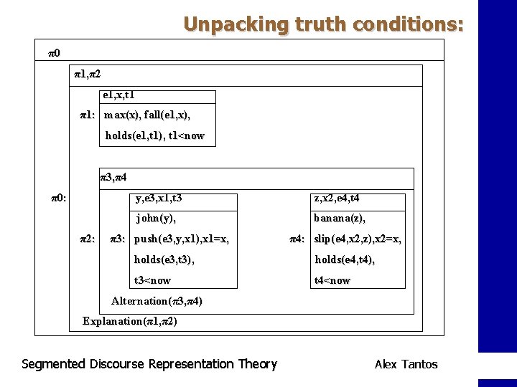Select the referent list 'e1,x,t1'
coord(119,95)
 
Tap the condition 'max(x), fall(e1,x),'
coord(147,115)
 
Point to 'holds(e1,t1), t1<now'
coord(154,135)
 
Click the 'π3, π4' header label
coord(113,177)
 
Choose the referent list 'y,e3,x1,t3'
coord(163,199)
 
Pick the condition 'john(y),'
coord(156,219)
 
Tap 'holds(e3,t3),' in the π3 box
coord(164,259)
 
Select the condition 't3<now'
coord(152,280)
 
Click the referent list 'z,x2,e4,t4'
coord(337,199)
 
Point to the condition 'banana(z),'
coord(340,219)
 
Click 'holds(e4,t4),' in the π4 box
coord(345,259)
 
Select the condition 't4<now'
coord(332,280)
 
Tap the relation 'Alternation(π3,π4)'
coord(157,301)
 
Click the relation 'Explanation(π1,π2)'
coord(130,321)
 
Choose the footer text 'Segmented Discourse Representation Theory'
coord(149,364)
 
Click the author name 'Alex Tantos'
coord(406,364)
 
